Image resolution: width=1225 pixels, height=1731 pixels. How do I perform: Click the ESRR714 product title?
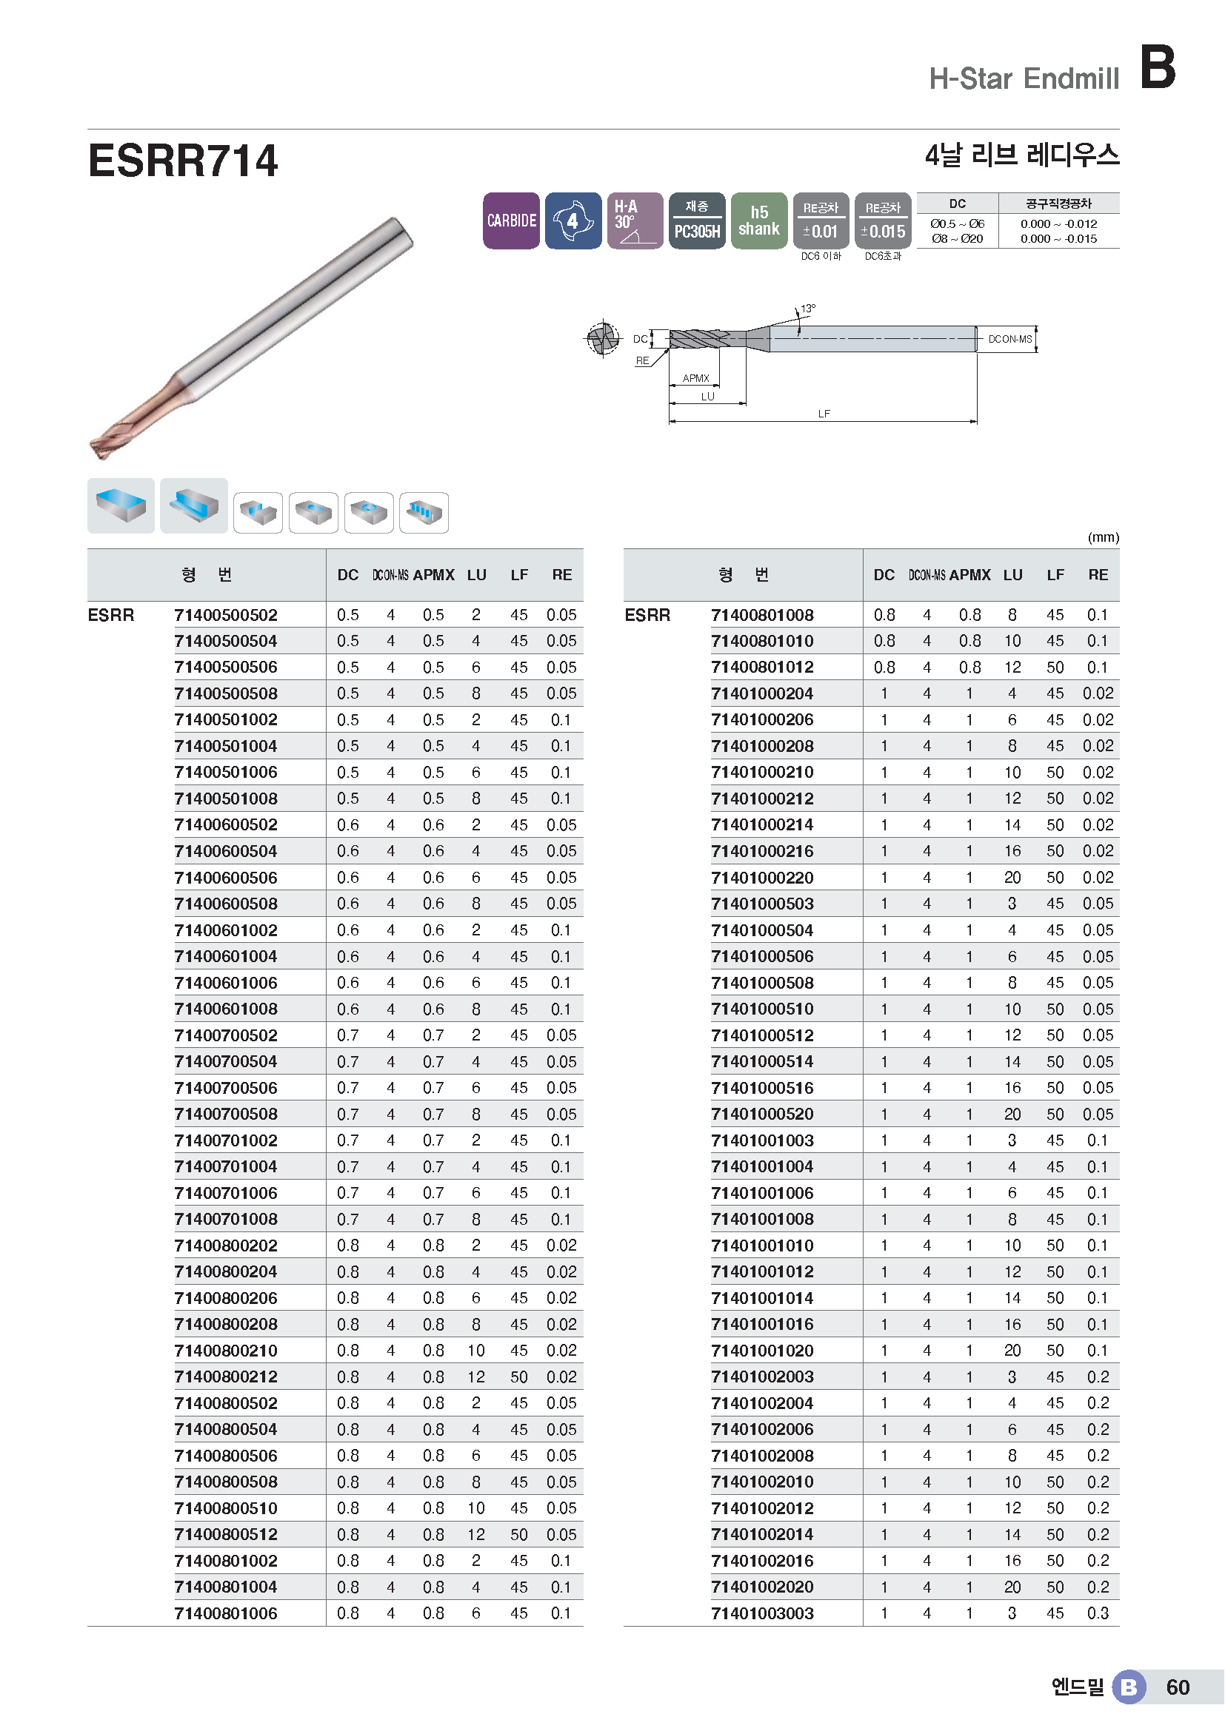coord(182,161)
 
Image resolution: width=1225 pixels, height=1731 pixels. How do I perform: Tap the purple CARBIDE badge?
coord(511,221)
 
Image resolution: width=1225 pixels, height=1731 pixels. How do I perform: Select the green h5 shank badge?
coord(759,221)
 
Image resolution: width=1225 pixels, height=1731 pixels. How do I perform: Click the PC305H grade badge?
coord(696,231)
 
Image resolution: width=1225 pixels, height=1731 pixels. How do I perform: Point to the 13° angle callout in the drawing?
coord(808,309)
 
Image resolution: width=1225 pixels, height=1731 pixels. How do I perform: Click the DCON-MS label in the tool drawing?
coord(1009,339)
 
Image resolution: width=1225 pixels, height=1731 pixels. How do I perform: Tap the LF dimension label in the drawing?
coord(824,414)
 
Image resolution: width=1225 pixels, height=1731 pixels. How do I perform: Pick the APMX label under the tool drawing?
coord(695,378)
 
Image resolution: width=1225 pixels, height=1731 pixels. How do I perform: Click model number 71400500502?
coord(226,615)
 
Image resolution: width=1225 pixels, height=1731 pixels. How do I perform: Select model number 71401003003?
coord(762,1613)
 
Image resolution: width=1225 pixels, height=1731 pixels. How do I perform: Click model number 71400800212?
coord(226,1377)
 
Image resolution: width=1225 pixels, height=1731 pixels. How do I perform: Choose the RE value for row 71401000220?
coord(1098,878)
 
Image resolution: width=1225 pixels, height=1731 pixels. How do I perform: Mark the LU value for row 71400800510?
coord(476,1508)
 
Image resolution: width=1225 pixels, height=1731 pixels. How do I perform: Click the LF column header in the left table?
coord(519,575)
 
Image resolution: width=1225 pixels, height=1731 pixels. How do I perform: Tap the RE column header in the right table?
coord(1098,575)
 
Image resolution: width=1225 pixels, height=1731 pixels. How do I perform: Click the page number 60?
coord(1178,1687)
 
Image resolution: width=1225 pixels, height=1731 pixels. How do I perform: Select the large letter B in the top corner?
coord(1157,67)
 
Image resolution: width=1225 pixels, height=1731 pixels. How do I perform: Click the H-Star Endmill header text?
coord(1024,78)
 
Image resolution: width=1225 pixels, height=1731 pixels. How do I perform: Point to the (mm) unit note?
coord(1103,537)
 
